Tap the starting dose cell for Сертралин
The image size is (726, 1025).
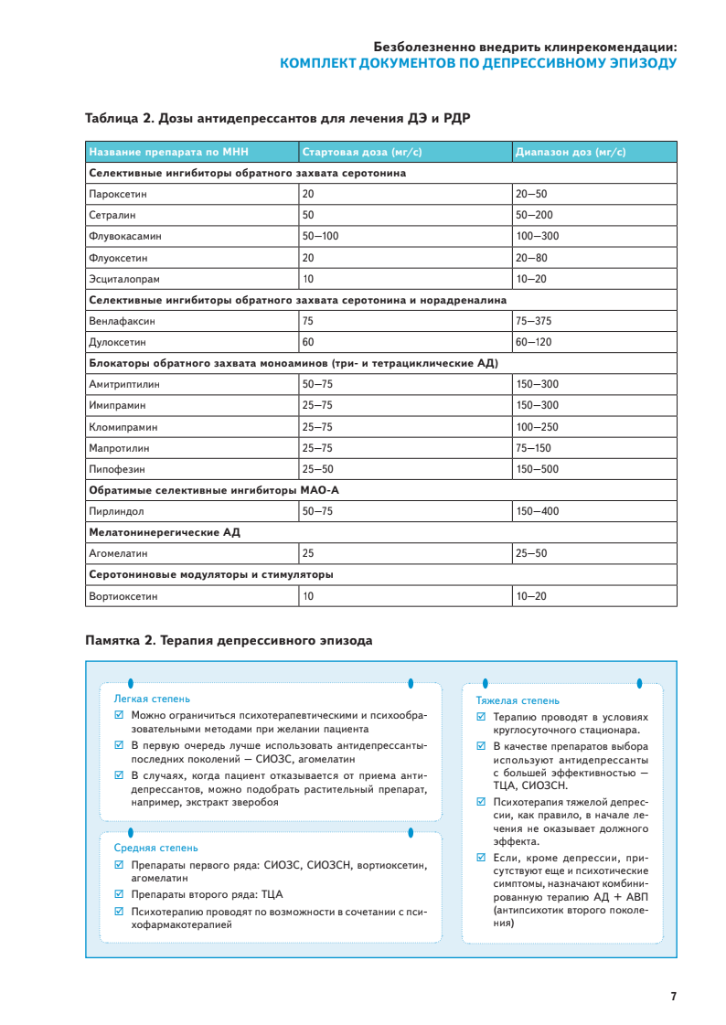(308, 215)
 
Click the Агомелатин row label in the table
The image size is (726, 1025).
(118, 553)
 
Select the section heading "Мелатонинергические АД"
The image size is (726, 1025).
(165, 532)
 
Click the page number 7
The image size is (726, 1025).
(673, 996)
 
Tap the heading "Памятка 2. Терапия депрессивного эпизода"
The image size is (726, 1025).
(229, 641)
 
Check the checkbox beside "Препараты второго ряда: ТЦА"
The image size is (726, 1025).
(119, 894)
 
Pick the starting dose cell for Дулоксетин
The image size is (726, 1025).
(308, 342)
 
